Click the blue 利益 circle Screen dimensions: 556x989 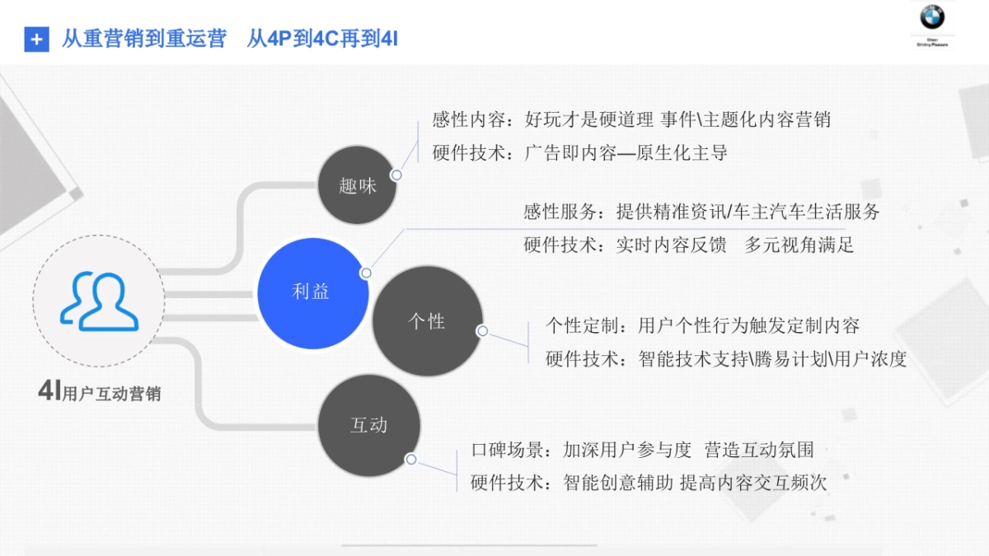(x=311, y=292)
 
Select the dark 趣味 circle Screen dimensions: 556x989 (x=357, y=185)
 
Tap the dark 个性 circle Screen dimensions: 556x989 (x=427, y=321)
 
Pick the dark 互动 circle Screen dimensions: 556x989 (x=369, y=425)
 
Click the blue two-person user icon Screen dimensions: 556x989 (x=98, y=301)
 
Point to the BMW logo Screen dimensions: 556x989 (x=932, y=17)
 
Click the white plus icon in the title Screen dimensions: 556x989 (x=36, y=39)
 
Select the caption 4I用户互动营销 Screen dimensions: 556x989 (x=100, y=393)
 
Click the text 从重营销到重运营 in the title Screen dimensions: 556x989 (x=143, y=39)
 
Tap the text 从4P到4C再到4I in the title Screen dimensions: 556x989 (x=322, y=39)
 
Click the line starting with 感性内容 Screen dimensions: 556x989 (x=631, y=119)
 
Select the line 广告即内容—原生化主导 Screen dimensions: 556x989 (x=579, y=152)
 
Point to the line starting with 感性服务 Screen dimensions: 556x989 (x=701, y=212)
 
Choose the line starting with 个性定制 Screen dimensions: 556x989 (x=702, y=326)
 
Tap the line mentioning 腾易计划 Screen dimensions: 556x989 (x=725, y=359)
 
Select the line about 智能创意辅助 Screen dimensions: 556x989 (x=648, y=483)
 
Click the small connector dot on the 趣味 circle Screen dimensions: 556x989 (x=396, y=175)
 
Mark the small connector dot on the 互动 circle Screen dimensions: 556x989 (x=410, y=460)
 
